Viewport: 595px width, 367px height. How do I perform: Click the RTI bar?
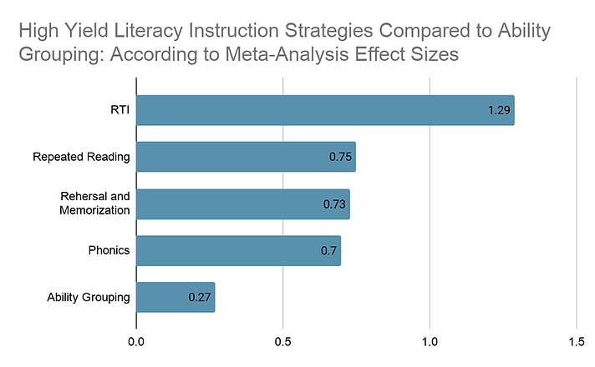(x=325, y=110)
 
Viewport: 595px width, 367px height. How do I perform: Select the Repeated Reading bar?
(x=246, y=157)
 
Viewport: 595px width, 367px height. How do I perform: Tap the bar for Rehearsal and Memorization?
(x=242, y=204)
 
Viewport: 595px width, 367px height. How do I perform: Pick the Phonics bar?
(x=238, y=250)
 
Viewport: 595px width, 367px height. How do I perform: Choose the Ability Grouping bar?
(x=175, y=297)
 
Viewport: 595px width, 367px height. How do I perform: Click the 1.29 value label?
(x=500, y=110)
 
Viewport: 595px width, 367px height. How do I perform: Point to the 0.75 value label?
(x=340, y=157)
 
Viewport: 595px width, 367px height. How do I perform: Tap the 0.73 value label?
(x=336, y=204)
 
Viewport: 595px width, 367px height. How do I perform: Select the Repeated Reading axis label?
(x=82, y=157)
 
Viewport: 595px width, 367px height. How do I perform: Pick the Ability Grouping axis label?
(x=89, y=297)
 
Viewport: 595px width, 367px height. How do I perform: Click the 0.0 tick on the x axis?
(x=136, y=342)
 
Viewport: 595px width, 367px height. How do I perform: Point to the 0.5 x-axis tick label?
(x=283, y=342)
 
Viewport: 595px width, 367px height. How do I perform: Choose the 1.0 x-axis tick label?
(x=430, y=342)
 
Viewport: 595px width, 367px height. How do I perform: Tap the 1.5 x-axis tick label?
(x=577, y=342)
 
